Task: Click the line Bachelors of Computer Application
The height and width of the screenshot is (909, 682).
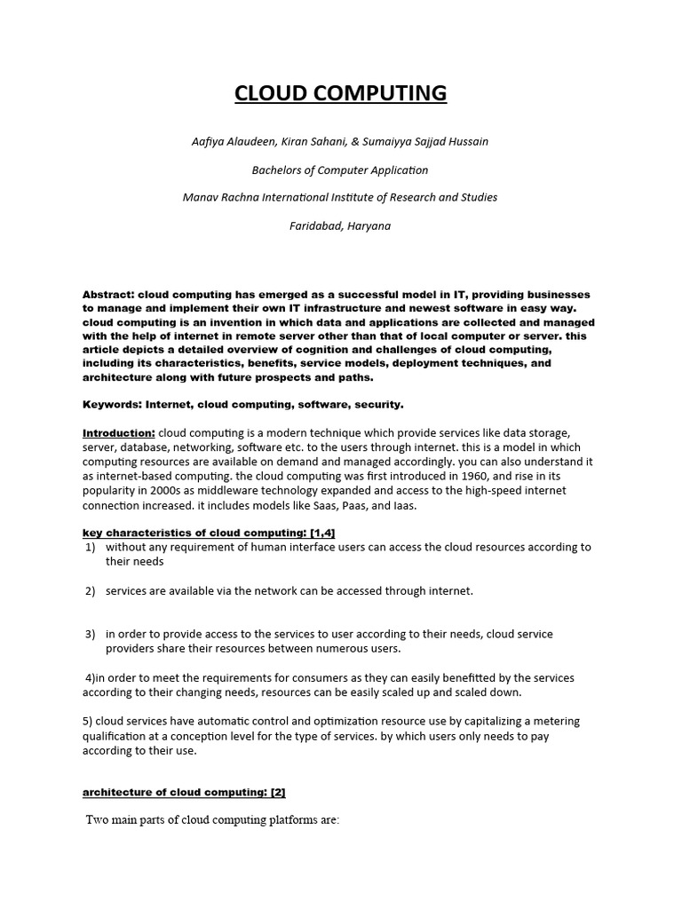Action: (x=341, y=170)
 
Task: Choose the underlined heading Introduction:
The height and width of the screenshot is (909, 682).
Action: (x=119, y=432)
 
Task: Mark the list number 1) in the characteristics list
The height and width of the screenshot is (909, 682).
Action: (x=90, y=548)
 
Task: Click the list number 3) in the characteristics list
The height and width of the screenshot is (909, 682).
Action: (x=90, y=634)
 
